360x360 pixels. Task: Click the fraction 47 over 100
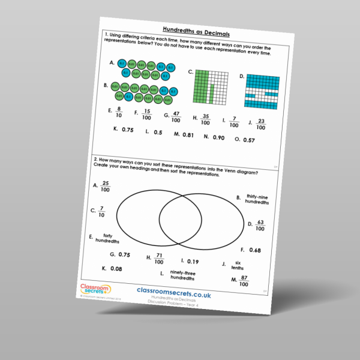(x=175, y=116)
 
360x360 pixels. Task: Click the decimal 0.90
(x=218, y=137)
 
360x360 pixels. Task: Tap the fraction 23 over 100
(x=260, y=124)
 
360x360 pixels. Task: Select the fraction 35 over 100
(x=205, y=119)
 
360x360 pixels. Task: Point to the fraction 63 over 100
(x=259, y=226)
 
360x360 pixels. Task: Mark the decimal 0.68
(x=254, y=250)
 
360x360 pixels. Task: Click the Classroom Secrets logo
(x=95, y=290)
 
